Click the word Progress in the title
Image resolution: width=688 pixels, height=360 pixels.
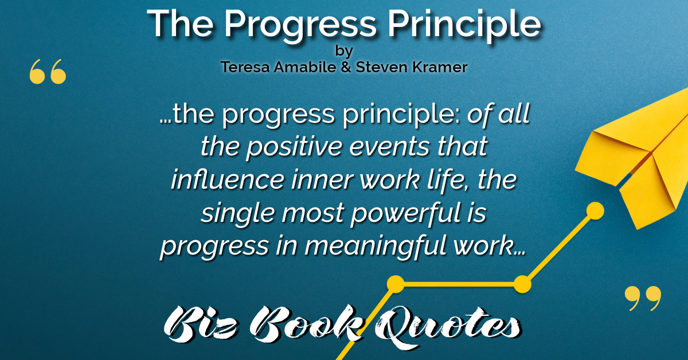coord(300,26)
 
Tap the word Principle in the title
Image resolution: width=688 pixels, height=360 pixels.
coord(464,26)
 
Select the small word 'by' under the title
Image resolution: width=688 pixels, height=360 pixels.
coord(344,51)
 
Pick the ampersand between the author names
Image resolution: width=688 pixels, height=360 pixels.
coord(346,67)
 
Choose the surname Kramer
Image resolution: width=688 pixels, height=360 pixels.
coord(440,66)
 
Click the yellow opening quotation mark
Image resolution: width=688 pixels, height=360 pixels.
coord(48,72)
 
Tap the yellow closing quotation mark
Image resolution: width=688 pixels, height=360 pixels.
coord(643,298)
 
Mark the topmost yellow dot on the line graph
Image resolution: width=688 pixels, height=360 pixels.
coord(595,211)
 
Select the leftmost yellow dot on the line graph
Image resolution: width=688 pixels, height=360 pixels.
coord(396,284)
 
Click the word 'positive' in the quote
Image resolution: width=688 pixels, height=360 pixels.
coord(294,147)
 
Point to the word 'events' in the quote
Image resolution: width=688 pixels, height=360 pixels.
coord(389,147)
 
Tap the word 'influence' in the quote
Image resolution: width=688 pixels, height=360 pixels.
coord(228,179)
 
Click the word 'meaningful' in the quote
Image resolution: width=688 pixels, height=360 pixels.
coord(376,246)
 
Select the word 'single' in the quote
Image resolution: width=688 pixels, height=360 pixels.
coord(238,213)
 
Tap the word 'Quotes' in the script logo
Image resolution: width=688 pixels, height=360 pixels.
coord(446,327)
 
